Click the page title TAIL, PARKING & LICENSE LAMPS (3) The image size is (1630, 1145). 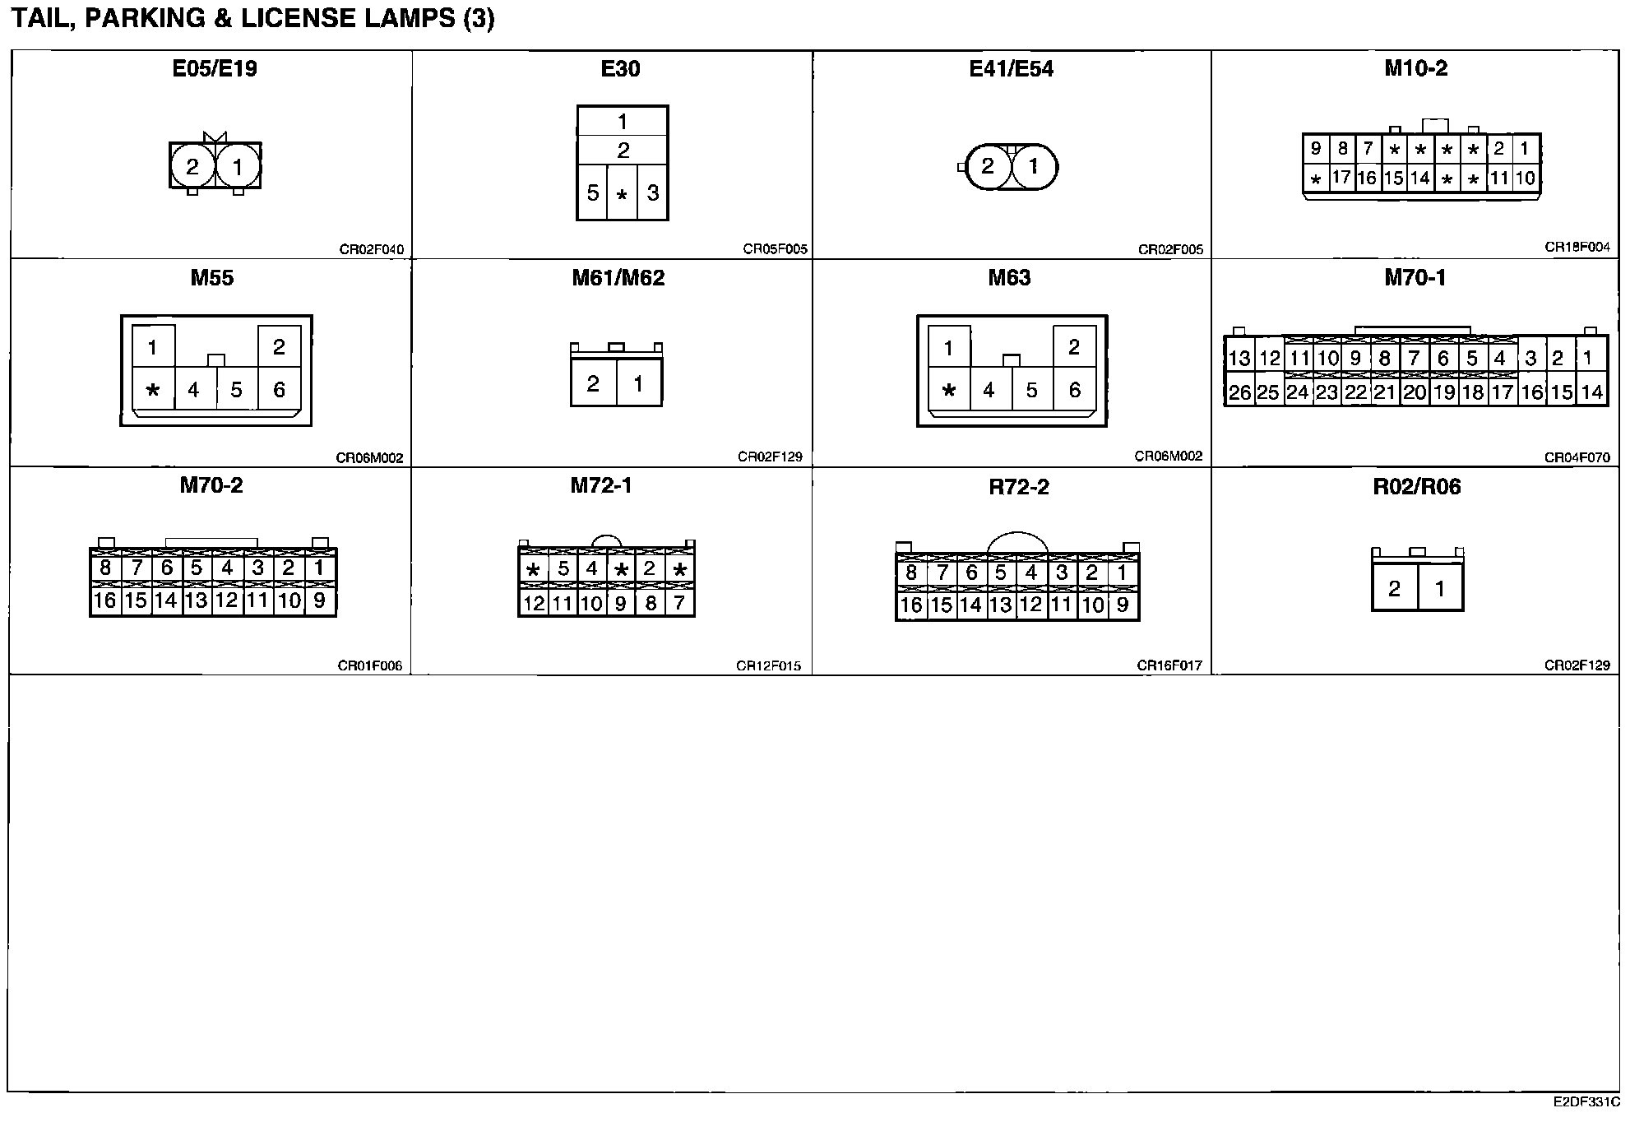252,20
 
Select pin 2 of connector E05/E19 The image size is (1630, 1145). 192,168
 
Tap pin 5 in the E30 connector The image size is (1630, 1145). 592,193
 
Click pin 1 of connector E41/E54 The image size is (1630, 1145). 1034,167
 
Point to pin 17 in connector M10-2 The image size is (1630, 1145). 1341,177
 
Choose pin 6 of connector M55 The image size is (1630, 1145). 279,390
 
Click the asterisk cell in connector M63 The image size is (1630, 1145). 949,390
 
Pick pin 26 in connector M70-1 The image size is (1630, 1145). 1239,392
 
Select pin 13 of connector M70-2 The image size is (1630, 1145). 196,600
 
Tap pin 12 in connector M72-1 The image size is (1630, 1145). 534,604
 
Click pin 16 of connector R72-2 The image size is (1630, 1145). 910,605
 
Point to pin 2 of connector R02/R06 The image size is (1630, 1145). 1394,589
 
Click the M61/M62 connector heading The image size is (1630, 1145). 618,278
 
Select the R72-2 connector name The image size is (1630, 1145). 1018,487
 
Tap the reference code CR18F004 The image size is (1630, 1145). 1577,247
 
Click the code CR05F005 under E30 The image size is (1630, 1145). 775,249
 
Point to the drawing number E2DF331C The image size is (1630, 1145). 1586,1101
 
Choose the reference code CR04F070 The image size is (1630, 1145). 1577,457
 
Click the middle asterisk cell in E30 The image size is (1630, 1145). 622,194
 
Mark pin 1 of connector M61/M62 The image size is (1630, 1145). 638,383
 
